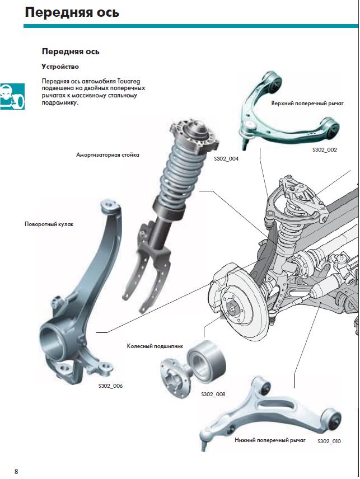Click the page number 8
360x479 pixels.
coord(16,471)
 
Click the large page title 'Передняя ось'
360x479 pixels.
coord(72,12)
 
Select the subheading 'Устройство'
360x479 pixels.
coord(60,67)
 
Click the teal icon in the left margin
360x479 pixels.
coord(12,96)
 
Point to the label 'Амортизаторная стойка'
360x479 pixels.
coord(107,154)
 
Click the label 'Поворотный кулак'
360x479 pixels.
coord(49,224)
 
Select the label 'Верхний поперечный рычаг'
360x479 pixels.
coord(307,104)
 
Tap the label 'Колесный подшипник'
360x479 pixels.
coord(155,346)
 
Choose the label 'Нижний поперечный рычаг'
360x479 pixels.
coord(271,441)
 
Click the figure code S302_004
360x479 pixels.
coord(226,159)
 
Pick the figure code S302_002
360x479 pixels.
coord(325,149)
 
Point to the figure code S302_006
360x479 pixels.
coord(110,386)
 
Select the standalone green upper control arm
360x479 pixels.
coord(286,109)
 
